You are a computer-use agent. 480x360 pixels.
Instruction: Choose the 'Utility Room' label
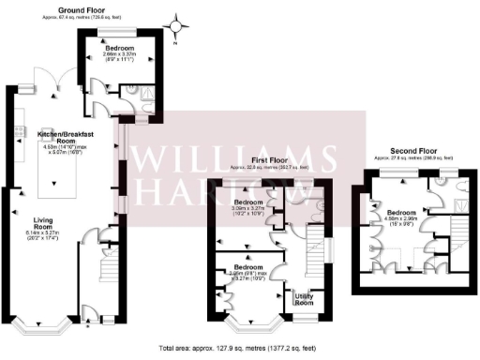click(304, 298)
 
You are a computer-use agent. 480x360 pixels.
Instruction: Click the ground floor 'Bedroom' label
click(119, 48)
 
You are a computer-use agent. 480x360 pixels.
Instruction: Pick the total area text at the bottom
click(239, 347)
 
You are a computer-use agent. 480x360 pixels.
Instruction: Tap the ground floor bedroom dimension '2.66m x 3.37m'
click(119, 54)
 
